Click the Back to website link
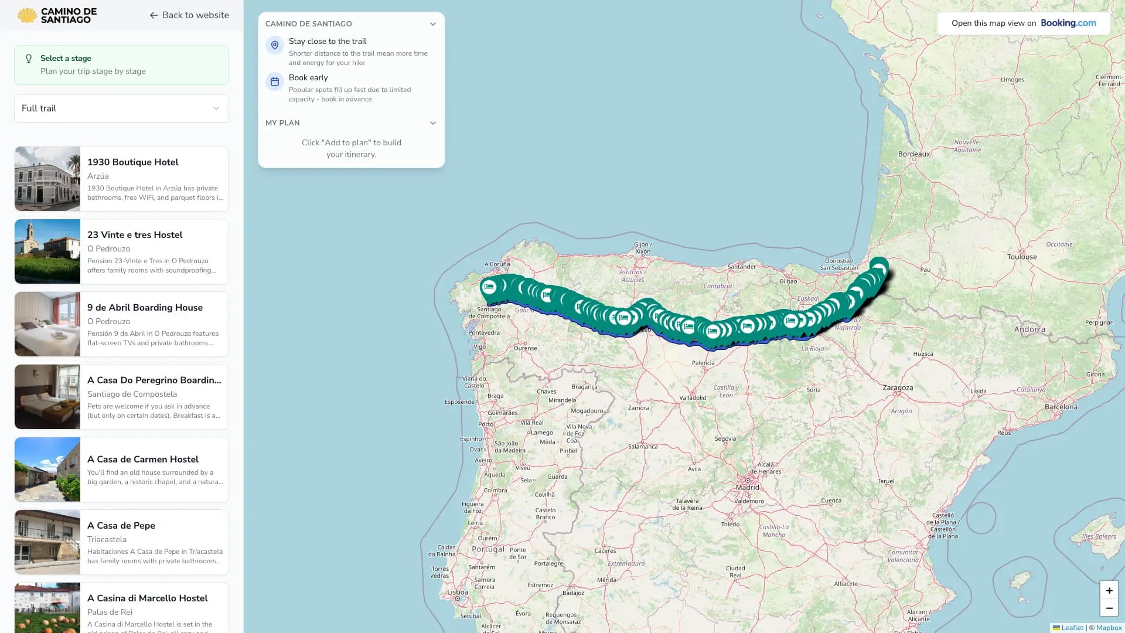pyautogui.click(x=189, y=15)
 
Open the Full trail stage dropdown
pyautogui.click(x=121, y=108)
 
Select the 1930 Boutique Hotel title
pyautogui.click(x=132, y=162)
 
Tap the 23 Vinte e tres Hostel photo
pyautogui.click(x=47, y=251)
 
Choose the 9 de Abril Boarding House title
pyautogui.click(x=145, y=308)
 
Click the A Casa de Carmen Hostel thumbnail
pyautogui.click(x=47, y=469)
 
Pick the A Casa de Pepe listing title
pyautogui.click(x=121, y=526)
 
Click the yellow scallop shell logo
pyautogui.click(x=27, y=15)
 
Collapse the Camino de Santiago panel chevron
pyautogui.click(x=432, y=24)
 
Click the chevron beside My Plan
pyautogui.click(x=432, y=123)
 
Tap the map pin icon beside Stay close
pyautogui.click(x=274, y=45)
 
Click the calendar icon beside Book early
pyautogui.click(x=274, y=81)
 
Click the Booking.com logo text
pyautogui.click(x=1068, y=23)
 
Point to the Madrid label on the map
pyautogui.click(x=747, y=487)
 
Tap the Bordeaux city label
pyautogui.click(x=913, y=154)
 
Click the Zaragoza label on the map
pyautogui.click(x=897, y=388)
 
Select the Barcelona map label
pyautogui.click(x=1061, y=407)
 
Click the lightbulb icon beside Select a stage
pyautogui.click(x=29, y=59)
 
